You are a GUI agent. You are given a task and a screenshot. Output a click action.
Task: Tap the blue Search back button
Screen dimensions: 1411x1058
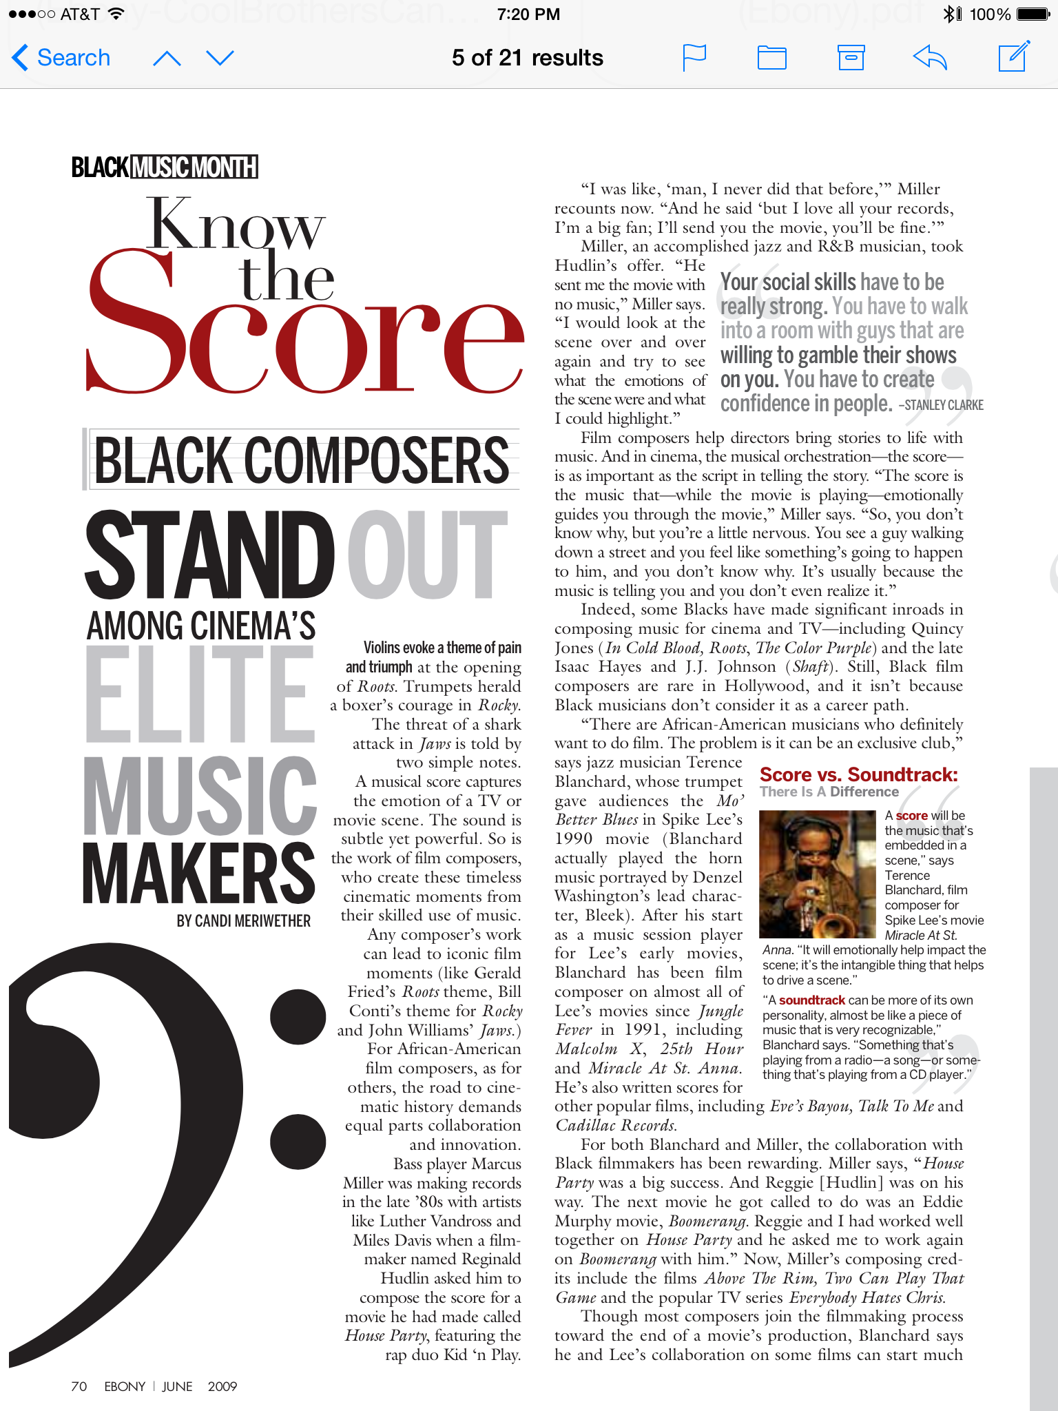[x=61, y=58]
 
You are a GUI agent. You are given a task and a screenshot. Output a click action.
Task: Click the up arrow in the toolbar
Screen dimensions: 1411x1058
[x=167, y=59]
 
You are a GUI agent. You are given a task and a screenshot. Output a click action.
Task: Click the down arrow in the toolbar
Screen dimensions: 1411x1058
[x=220, y=58]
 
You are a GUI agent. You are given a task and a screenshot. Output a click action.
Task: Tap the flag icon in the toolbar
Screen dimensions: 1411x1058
[x=694, y=57]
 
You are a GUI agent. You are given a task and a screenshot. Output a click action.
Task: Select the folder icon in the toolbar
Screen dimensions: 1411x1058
[x=771, y=58]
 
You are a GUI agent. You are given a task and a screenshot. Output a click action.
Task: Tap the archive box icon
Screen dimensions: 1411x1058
[x=851, y=57]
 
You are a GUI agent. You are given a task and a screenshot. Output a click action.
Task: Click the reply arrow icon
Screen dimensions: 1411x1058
[x=930, y=57]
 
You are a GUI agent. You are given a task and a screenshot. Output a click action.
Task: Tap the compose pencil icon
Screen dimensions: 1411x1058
[x=1014, y=56]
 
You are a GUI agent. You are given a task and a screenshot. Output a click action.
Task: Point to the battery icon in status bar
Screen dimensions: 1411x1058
[x=1033, y=14]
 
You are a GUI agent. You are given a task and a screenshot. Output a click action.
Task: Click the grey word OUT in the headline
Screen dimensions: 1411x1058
[x=427, y=555]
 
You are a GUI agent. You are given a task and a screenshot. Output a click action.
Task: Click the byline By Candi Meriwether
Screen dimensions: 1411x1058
[x=243, y=921]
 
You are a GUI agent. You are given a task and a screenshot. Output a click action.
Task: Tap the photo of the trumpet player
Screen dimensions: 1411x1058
[x=817, y=874]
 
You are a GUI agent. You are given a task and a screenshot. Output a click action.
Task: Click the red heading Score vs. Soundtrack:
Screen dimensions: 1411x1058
[x=858, y=774]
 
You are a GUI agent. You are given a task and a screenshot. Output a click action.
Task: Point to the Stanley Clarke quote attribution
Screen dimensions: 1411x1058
[x=942, y=405]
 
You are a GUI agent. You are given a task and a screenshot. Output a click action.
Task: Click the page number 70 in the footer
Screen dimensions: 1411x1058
[x=79, y=1386]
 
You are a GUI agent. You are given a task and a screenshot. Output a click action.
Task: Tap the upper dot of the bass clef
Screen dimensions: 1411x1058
[x=298, y=1016]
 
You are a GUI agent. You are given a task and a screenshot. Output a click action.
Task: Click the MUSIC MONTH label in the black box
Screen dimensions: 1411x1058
[x=194, y=167]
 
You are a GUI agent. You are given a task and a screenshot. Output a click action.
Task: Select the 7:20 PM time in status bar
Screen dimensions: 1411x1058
[x=528, y=14]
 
